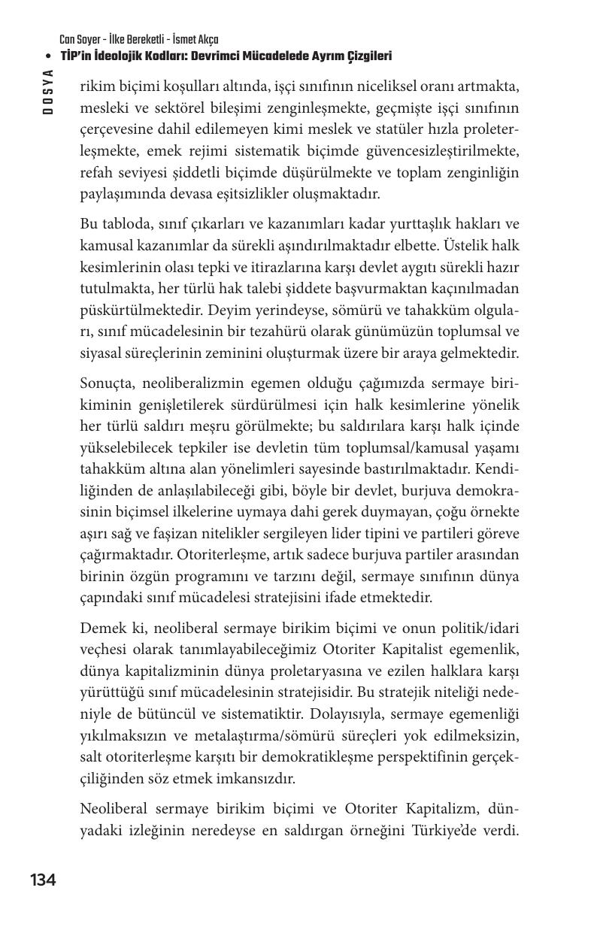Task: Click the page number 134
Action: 43,880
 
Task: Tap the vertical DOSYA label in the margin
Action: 48,91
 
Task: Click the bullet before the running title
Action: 48,56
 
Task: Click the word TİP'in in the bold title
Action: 78,56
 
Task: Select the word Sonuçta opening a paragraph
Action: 109,384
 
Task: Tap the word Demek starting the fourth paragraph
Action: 102,628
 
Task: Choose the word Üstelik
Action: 467,246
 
